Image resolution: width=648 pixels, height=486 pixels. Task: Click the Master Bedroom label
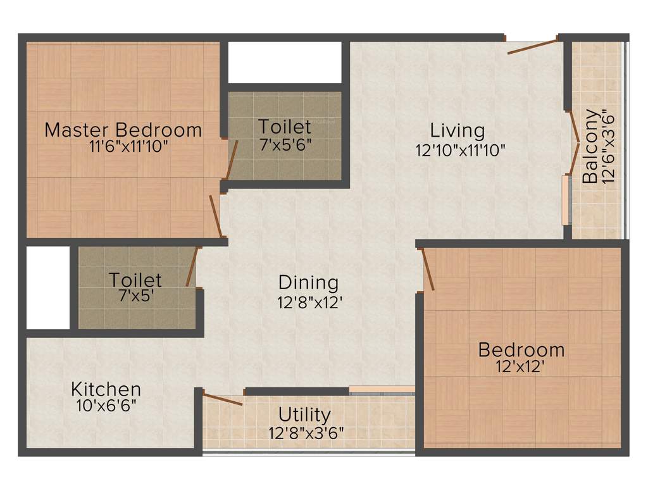(x=123, y=130)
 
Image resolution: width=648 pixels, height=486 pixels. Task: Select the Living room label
(x=458, y=131)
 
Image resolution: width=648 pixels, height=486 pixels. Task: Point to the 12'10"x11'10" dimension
(x=460, y=150)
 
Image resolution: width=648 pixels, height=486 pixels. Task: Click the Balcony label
(x=590, y=146)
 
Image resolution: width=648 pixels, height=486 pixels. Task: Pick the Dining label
(x=309, y=282)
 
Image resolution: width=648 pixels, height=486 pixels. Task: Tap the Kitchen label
(x=106, y=389)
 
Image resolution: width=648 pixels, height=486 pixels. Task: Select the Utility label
(x=305, y=415)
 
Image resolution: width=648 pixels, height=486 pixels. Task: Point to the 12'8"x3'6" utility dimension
(x=306, y=433)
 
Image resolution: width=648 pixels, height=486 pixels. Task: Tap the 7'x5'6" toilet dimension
(x=285, y=144)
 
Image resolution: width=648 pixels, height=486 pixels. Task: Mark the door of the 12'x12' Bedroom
(x=428, y=270)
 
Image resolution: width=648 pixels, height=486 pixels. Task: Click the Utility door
(x=222, y=399)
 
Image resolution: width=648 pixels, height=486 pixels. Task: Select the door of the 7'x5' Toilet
(x=192, y=266)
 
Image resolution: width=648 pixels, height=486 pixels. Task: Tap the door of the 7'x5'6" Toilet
(x=232, y=161)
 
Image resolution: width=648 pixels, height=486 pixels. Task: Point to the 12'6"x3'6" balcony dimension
(x=609, y=146)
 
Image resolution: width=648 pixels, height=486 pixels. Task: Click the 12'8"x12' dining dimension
(x=309, y=302)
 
